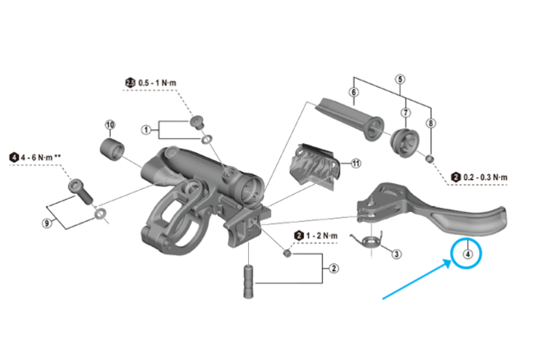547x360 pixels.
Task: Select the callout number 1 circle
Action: tap(145, 129)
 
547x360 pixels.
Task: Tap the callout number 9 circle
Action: tap(48, 222)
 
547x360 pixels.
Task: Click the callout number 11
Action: tap(356, 163)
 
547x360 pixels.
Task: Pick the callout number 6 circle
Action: tap(353, 93)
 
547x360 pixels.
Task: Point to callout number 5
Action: tap(400, 79)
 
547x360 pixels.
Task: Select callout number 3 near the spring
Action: tap(397, 254)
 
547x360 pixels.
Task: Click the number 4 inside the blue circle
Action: tap(468, 254)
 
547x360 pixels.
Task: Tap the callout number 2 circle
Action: tap(333, 267)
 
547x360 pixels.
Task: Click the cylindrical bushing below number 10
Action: tap(111, 150)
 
